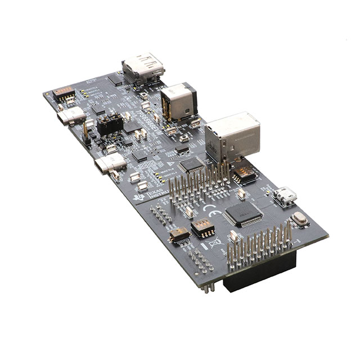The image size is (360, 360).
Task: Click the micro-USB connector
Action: [286, 197]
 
